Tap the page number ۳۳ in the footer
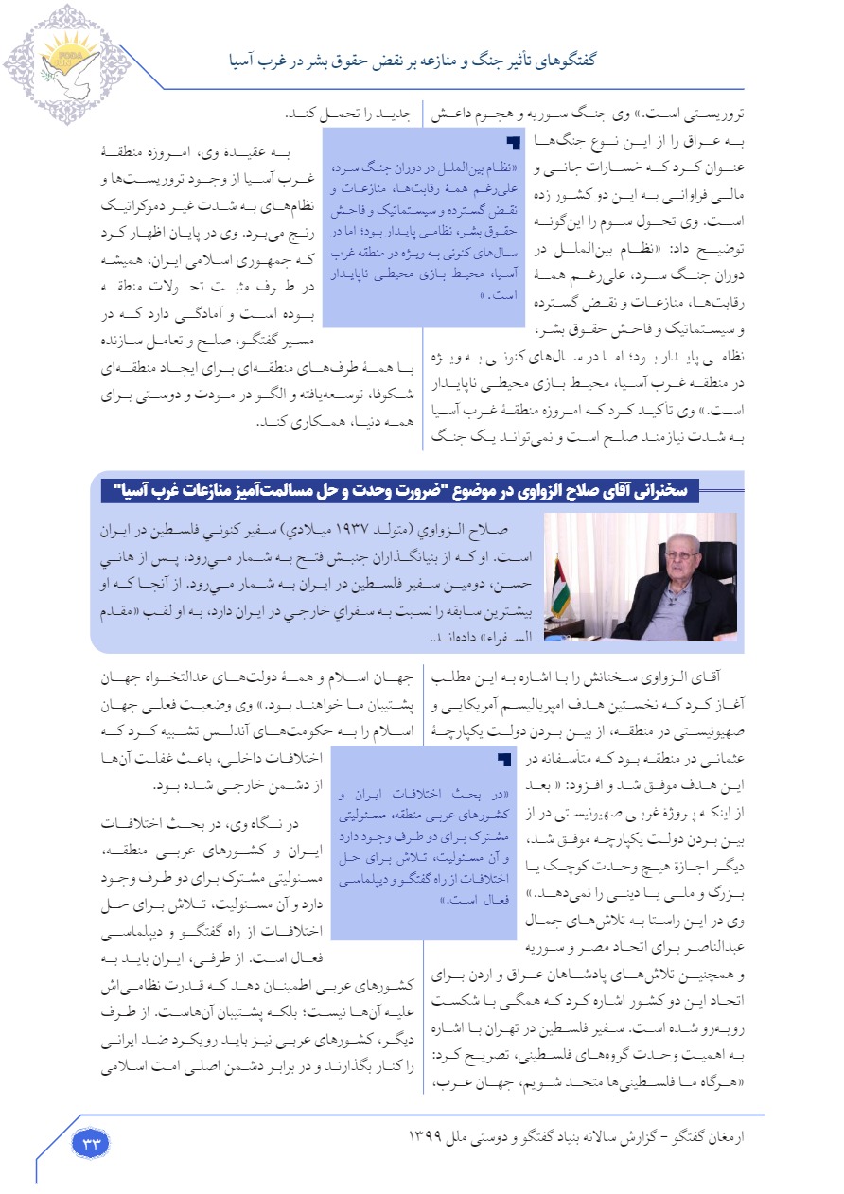[92, 1143]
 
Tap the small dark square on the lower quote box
[503, 759]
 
